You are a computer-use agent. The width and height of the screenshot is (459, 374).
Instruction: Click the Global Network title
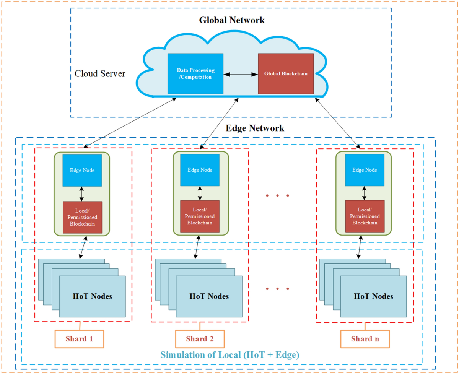(x=232, y=20)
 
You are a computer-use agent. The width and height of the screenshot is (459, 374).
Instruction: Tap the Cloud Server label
(x=100, y=73)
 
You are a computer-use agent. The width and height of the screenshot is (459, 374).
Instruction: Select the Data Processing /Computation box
(x=195, y=73)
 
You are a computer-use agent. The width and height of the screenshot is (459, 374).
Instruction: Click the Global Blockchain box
(x=286, y=73)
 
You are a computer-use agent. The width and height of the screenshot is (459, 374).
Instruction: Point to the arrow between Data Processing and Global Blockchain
(x=241, y=73)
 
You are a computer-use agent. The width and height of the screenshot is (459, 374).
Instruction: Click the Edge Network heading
(x=255, y=128)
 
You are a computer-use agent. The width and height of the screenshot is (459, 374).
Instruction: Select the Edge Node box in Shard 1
(x=82, y=170)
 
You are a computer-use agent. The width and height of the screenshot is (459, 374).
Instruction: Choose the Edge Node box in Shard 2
(x=200, y=170)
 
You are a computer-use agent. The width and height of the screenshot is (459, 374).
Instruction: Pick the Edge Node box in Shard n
(x=364, y=170)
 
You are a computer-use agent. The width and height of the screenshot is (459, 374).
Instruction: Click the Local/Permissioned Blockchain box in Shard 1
(x=82, y=217)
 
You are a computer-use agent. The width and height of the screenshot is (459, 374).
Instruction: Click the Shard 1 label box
(x=80, y=339)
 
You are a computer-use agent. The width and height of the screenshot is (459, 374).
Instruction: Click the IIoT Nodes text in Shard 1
(x=93, y=296)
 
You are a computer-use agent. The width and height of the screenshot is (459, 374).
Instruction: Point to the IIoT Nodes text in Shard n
(x=373, y=296)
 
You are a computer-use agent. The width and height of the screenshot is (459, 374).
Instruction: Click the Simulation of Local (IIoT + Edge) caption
(x=229, y=355)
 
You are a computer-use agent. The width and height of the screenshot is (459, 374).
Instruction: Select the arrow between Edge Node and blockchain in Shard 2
(x=200, y=194)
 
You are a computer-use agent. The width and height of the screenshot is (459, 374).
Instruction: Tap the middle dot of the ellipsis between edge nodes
(x=277, y=196)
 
